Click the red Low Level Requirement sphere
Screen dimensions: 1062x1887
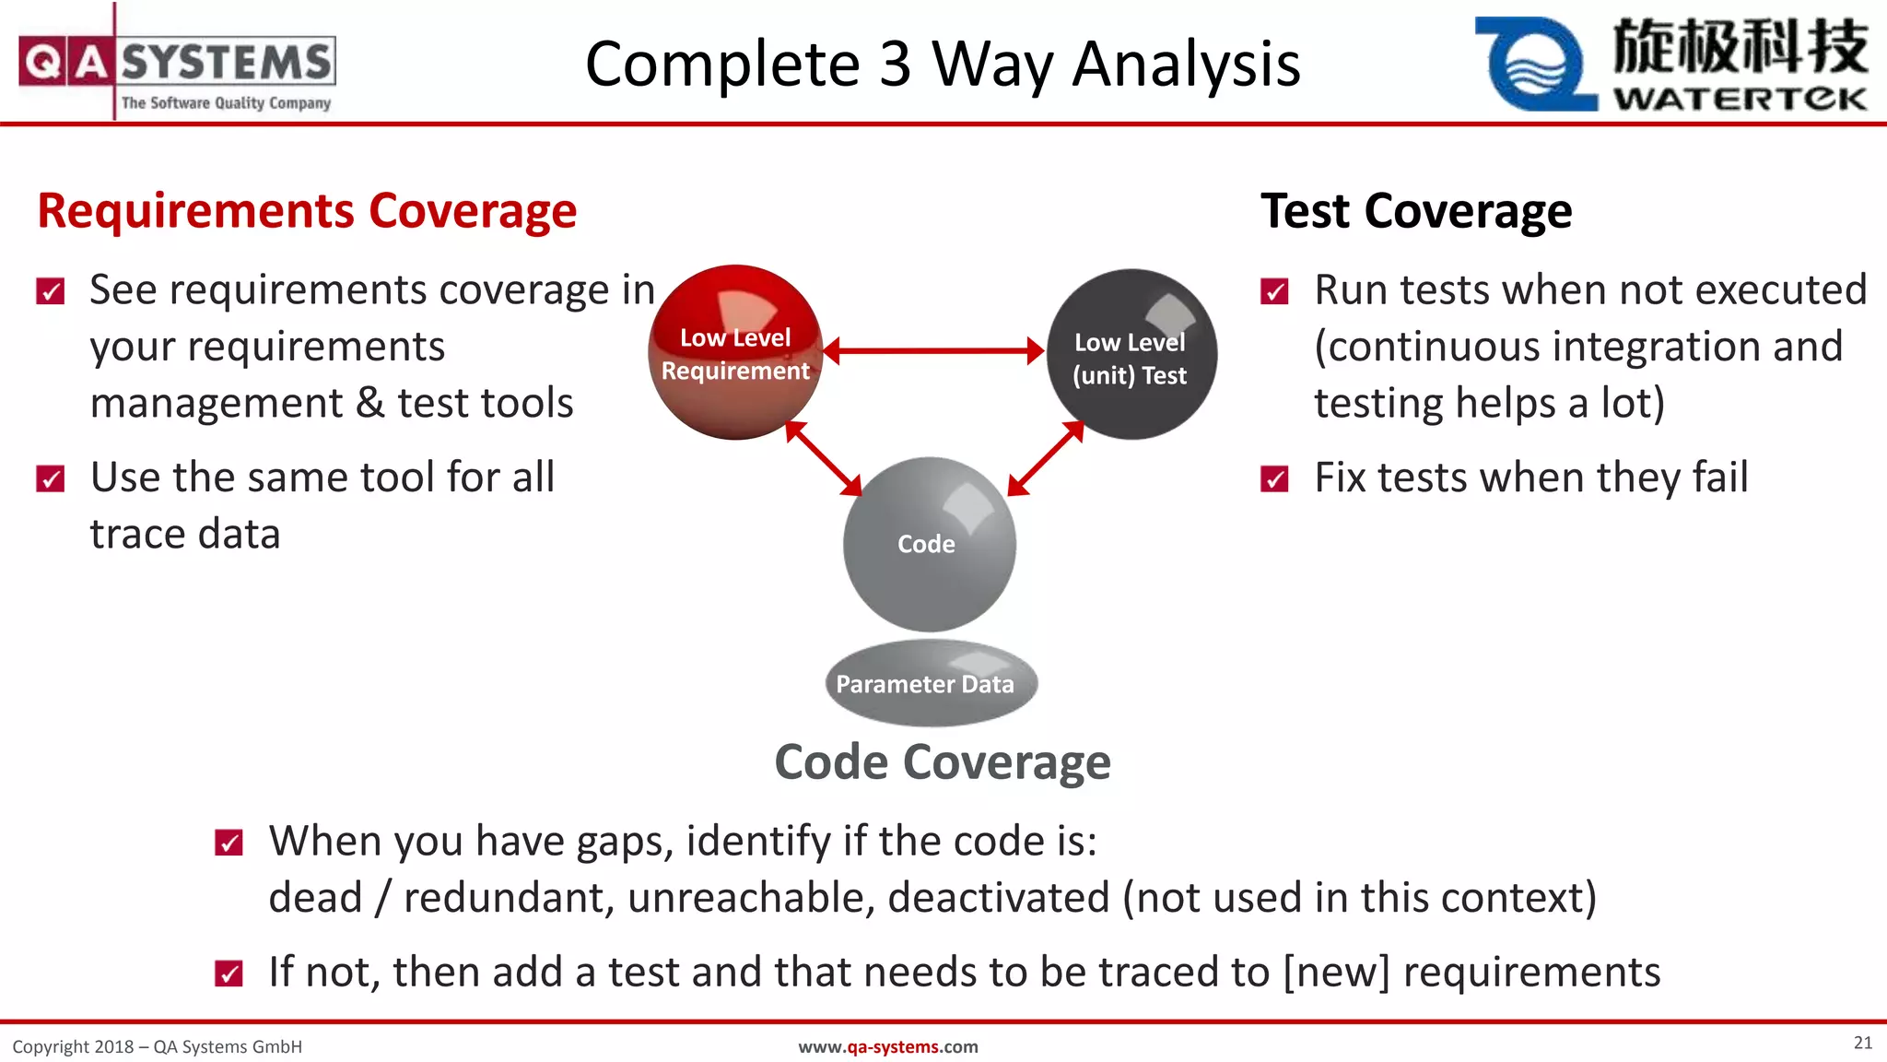pos(734,353)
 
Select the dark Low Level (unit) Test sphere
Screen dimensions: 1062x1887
pos(1131,356)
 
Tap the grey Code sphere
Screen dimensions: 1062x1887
pos(929,544)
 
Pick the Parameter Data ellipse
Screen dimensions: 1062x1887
pos(931,683)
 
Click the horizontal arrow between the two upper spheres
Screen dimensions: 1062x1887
pos(932,350)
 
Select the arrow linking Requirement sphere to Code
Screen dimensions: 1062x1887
pos(823,458)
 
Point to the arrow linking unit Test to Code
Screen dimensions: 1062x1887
pos(1046,458)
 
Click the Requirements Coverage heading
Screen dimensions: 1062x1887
pos(307,211)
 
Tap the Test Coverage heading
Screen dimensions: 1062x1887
pos(1416,211)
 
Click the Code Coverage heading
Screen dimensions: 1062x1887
pos(943,762)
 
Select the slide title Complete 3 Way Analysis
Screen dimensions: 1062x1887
pos(943,65)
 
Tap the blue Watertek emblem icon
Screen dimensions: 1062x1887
pos(1534,65)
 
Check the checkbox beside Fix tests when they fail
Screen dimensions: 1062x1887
pos(1274,479)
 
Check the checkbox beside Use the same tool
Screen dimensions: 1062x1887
pos(51,479)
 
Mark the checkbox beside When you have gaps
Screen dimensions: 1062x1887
pos(229,843)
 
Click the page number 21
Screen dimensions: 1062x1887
pos(1862,1043)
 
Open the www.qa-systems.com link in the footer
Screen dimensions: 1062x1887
pos(887,1046)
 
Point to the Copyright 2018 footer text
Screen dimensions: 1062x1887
pos(157,1046)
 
